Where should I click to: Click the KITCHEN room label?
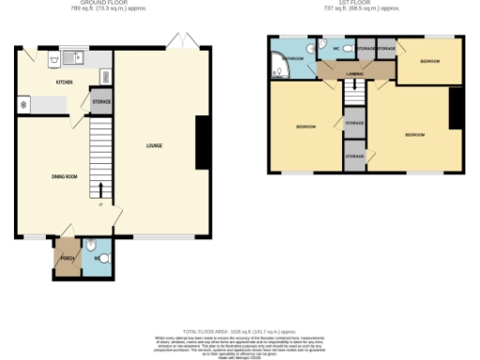pyautogui.click(x=65, y=82)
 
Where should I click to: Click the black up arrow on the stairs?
pyautogui.click(x=101, y=191)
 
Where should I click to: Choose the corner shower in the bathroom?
pyautogui.click(x=278, y=66)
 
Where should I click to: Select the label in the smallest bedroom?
pyautogui.click(x=429, y=61)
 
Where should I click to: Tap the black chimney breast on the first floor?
pyautogui.click(x=457, y=108)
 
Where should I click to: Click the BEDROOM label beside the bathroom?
pyautogui.click(x=306, y=127)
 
